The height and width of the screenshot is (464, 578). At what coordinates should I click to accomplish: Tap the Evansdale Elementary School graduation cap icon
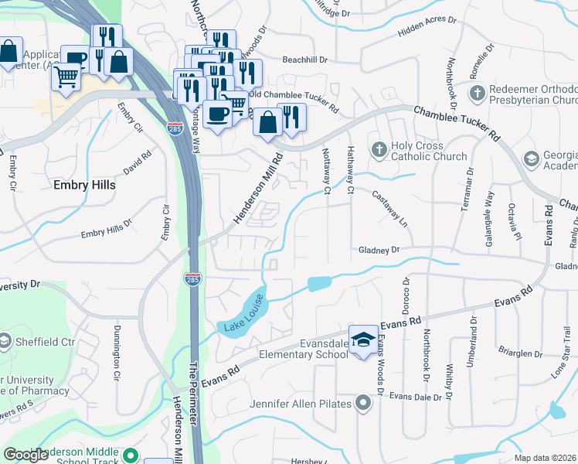pos(362,340)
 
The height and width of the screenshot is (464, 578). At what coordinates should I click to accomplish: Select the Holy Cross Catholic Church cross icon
pos(378,148)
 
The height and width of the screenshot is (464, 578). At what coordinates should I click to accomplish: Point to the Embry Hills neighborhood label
pos(84,186)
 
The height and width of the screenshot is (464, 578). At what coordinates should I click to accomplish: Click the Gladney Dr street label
pos(379,250)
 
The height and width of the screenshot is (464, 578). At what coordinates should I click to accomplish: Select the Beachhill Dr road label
pos(304,60)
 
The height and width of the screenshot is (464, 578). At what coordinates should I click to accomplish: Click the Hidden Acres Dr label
pos(406,32)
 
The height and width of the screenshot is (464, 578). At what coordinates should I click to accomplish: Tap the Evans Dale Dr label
pos(420,397)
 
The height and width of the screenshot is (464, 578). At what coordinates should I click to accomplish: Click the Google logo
pos(25,455)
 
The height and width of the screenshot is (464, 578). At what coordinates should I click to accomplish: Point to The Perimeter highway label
pos(193,378)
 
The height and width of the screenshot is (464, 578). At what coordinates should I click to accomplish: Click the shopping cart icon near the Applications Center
pos(66,77)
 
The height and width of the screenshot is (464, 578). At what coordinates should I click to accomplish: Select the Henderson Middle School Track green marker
pos(131,456)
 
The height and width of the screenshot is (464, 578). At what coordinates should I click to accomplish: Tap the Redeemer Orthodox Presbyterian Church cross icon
pos(477,93)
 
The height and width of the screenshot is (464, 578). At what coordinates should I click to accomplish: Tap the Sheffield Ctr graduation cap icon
pos(5,341)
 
